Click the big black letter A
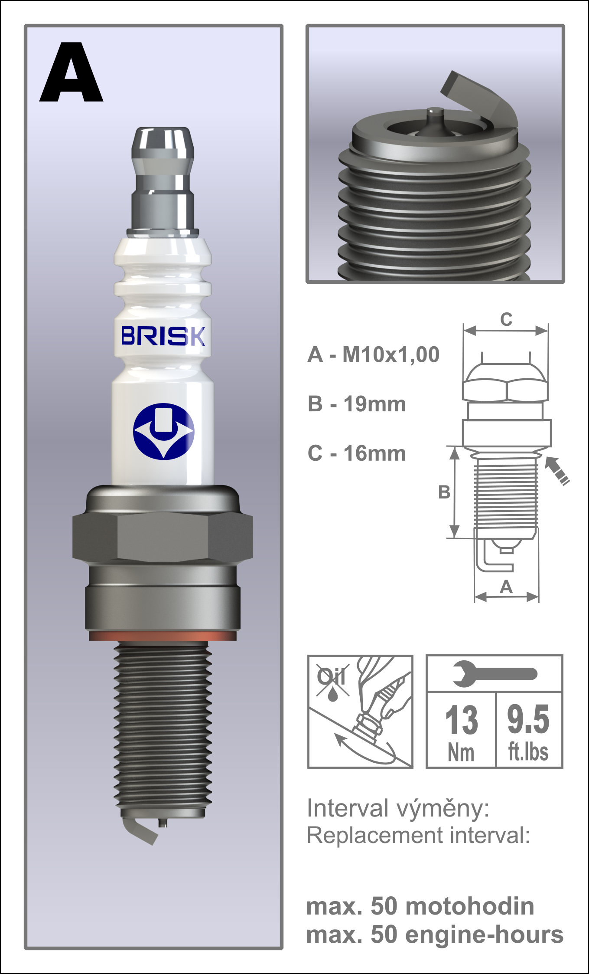click(71, 74)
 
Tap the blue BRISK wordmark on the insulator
click(163, 336)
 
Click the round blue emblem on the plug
click(163, 431)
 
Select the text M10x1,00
click(391, 355)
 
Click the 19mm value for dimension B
click(375, 404)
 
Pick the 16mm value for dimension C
click(375, 454)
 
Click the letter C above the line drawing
click(506, 320)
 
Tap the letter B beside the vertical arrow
click(444, 492)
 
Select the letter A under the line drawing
click(506, 587)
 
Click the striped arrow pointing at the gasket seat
click(557, 470)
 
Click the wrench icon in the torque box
click(494, 674)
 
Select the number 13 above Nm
click(461, 720)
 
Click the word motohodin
click(470, 907)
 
